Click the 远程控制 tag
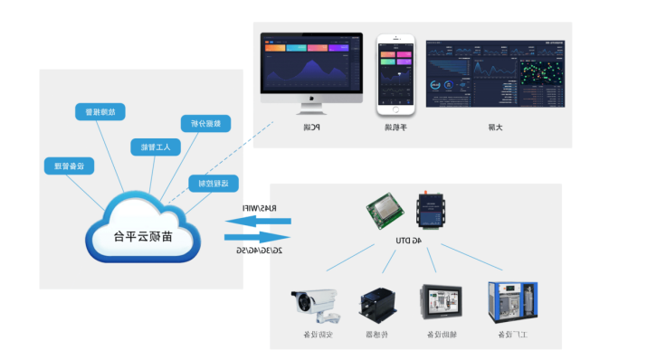pyautogui.click(x=213, y=184)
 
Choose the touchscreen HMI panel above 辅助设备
pyautogui.click(x=441, y=305)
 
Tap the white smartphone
pyautogui.click(x=395, y=74)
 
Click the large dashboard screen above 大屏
pyautogui.click(x=494, y=73)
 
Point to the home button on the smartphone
pyautogui.click(x=395, y=108)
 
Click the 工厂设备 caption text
pyautogui.click(x=512, y=336)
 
